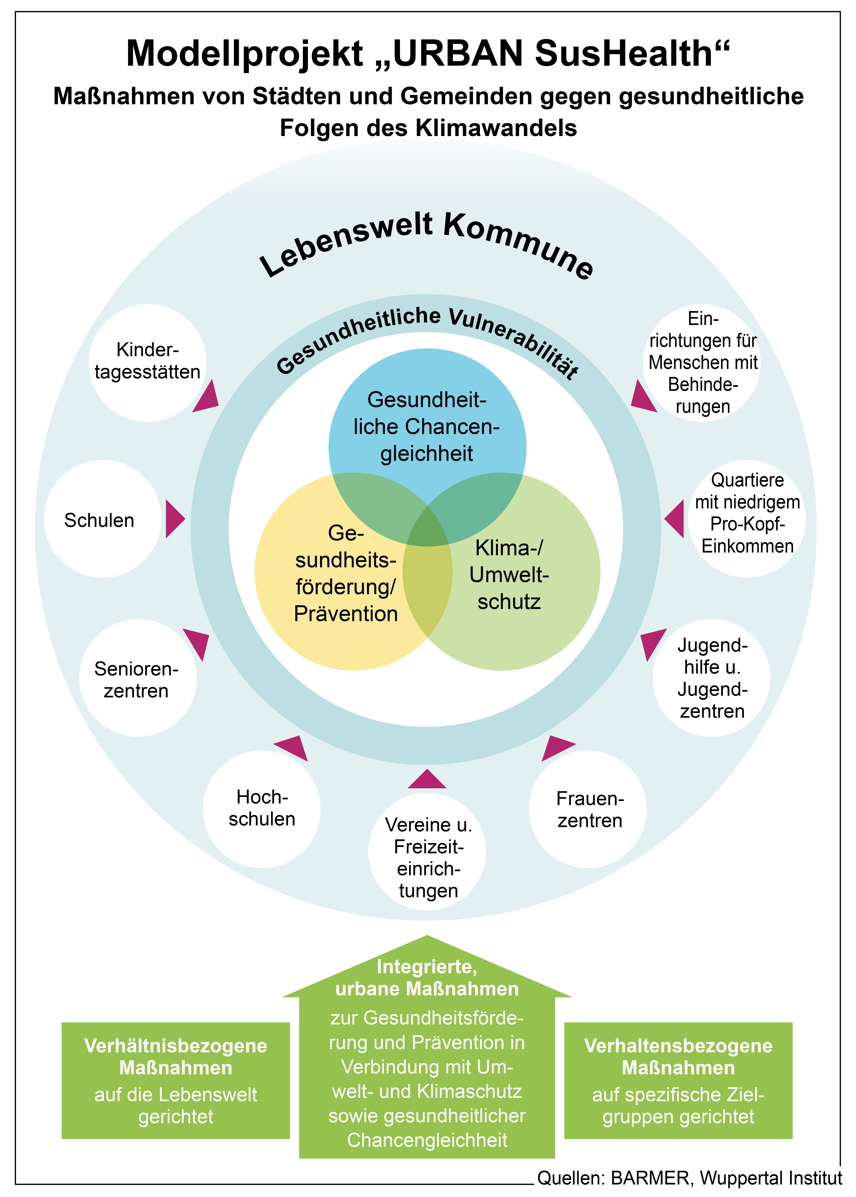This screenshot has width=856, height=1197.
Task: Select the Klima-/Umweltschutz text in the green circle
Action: (509, 575)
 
